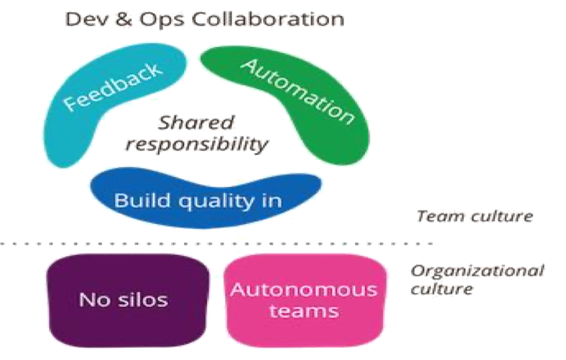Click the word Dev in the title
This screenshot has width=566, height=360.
(86, 19)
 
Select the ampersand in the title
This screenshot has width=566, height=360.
(124, 19)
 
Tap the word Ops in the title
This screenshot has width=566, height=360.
(161, 20)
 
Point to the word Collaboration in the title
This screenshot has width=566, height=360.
(267, 19)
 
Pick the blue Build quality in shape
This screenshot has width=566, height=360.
(205, 198)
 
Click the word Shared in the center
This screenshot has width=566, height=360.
(196, 123)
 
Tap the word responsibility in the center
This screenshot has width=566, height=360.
(197, 144)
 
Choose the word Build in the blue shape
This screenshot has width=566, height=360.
(142, 200)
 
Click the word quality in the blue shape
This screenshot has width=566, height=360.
(217, 201)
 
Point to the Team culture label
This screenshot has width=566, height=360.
(475, 216)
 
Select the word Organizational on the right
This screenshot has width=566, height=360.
(477, 271)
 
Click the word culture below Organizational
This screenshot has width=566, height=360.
(441, 289)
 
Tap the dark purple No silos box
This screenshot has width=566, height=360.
(128, 300)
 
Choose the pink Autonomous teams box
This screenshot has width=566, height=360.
(305, 300)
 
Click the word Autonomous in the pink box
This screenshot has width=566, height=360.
(304, 290)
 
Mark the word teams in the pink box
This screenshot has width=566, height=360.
(304, 311)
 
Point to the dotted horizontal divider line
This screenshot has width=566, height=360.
(216, 243)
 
